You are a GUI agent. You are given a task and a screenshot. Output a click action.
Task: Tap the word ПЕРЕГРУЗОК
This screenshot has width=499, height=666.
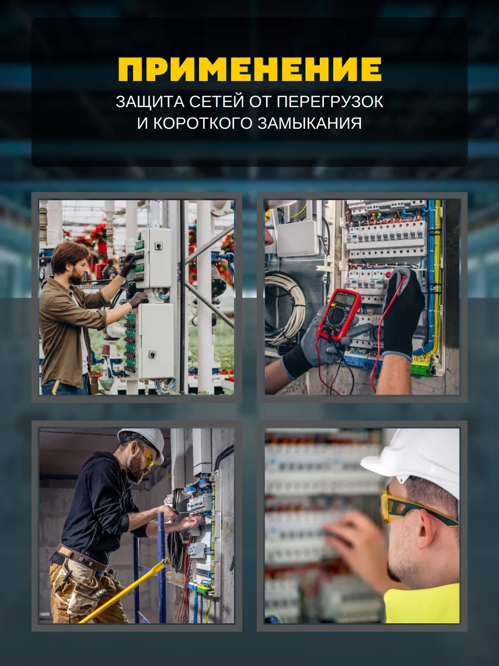click(330, 102)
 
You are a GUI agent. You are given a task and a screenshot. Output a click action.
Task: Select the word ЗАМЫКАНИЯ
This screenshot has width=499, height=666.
click(309, 123)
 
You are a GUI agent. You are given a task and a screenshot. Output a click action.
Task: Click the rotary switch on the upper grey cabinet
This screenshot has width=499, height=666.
click(158, 245)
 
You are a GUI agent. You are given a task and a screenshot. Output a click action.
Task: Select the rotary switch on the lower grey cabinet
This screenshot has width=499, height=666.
click(152, 354)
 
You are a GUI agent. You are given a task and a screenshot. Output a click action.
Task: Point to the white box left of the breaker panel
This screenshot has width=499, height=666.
click(298, 239)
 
